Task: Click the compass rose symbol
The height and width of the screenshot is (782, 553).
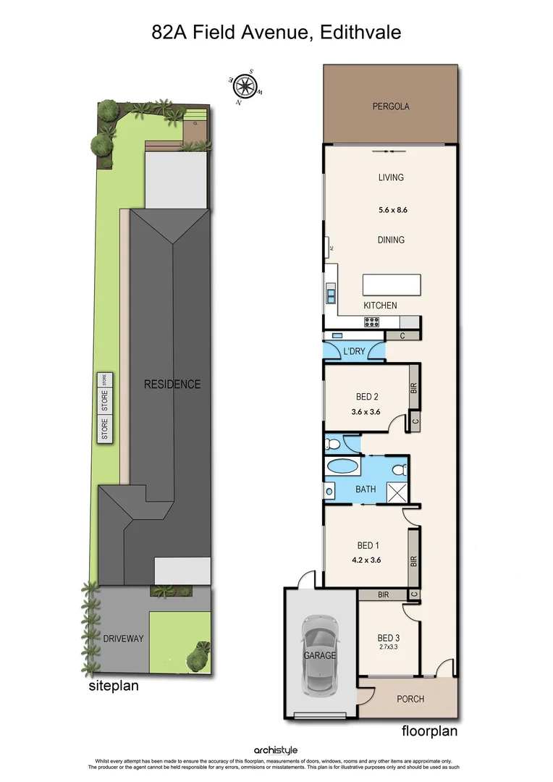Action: (245, 86)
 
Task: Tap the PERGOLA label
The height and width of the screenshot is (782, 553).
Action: (391, 106)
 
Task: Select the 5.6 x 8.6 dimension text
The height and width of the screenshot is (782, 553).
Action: (391, 211)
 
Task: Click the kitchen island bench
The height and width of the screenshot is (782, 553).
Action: (392, 283)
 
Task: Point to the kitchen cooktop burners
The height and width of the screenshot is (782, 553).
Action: (371, 323)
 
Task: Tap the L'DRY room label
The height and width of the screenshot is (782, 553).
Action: (354, 351)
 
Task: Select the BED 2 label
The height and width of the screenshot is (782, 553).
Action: (368, 397)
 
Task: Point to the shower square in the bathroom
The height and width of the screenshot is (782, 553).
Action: (397, 492)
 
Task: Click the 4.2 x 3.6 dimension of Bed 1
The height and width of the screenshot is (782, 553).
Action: (366, 559)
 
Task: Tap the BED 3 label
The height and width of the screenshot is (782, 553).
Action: (389, 638)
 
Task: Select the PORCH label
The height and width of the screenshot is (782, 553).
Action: (410, 699)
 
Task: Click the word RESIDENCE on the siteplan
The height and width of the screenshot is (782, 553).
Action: (172, 384)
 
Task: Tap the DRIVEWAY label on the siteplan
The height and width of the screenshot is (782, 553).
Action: (123, 639)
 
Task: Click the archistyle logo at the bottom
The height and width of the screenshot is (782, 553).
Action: (276, 750)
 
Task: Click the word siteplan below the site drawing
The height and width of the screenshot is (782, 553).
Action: (114, 685)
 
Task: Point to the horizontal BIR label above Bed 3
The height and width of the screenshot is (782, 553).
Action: (383, 594)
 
